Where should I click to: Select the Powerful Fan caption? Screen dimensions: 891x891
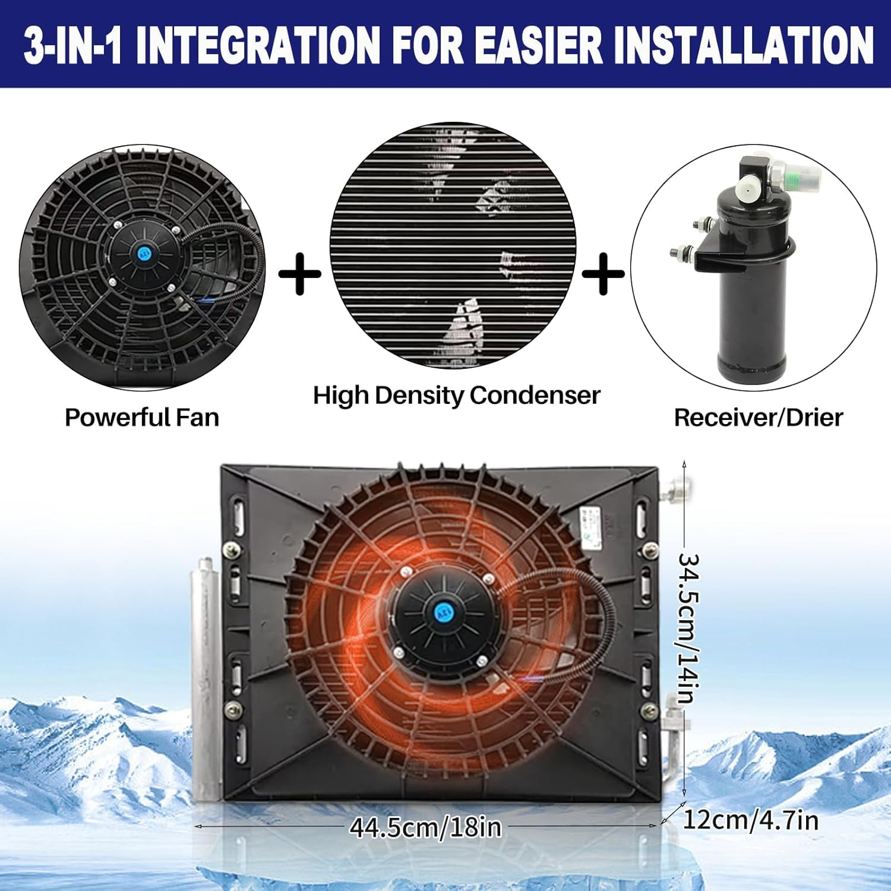point(142,417)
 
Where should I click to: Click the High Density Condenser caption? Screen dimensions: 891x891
point(456,396)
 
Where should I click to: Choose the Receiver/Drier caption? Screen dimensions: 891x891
point(758,418)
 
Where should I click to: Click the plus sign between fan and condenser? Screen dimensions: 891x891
point(299,274)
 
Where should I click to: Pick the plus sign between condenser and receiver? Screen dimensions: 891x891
point(603,274)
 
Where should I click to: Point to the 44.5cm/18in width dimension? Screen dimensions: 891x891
point(425,827)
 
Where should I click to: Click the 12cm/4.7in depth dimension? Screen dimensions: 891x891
point(751,820)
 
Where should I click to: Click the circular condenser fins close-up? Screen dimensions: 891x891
point(453,245)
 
